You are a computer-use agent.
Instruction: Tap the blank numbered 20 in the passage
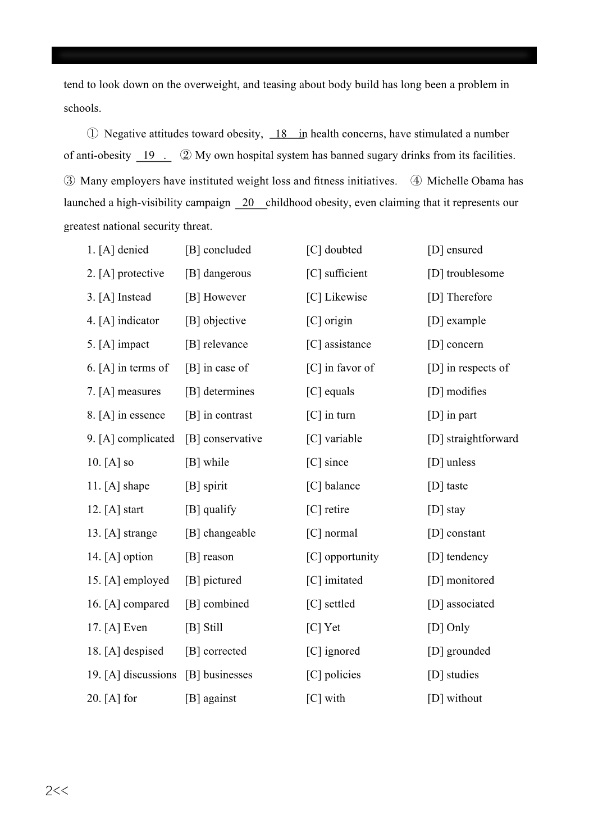tap(249, 203)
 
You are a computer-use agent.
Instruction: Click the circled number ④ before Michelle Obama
tap(416, 181)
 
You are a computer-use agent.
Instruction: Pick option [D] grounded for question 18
tap(459, 651)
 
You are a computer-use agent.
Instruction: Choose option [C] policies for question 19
tap(334, 674)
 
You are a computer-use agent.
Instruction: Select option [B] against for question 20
tap(211, 698)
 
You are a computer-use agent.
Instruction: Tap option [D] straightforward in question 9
tap(473, 438)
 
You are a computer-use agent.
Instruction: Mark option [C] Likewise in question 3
tap(336, 297)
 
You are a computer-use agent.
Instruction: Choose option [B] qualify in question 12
tap(211, 509)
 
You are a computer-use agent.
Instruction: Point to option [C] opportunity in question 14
tap(343, 556)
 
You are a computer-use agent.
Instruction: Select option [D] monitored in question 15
tap(461, 580)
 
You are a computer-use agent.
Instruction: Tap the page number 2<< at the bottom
tap(57, 791)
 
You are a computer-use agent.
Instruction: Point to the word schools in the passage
tap(81, 108)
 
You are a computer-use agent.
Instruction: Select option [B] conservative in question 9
tap(223, 438)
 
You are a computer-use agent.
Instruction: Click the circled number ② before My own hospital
tap(186, 156)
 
